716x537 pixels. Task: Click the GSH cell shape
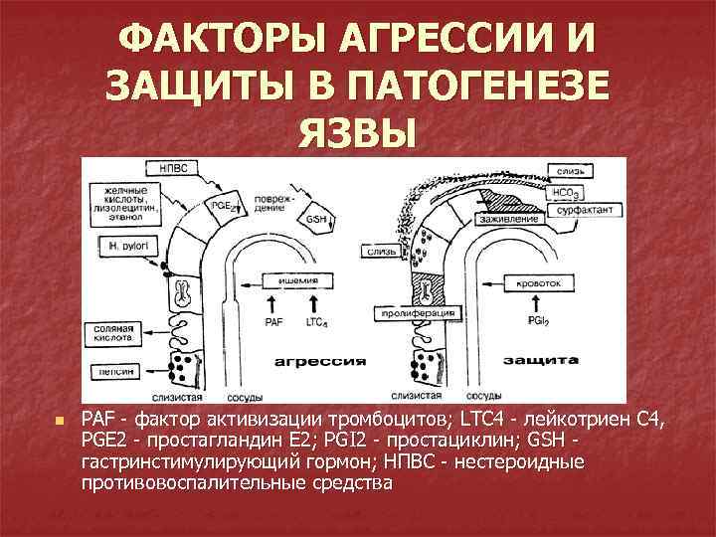click(x=320, y=219)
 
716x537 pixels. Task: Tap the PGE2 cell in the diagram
click(x=224, y=206)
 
